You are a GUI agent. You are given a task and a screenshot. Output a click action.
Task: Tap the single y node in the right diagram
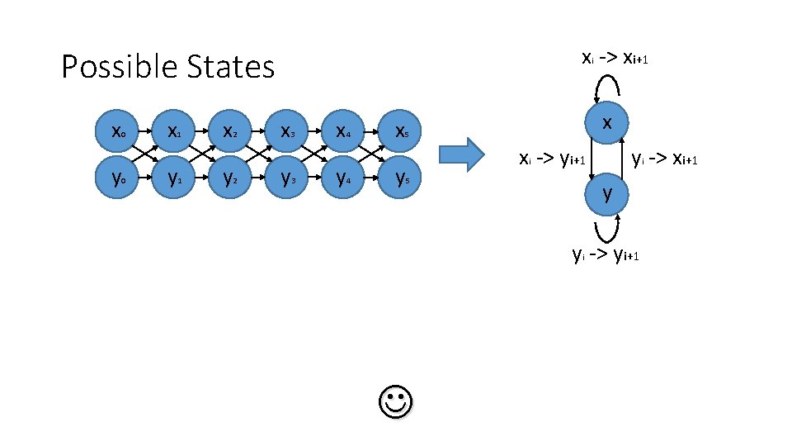point(606,194)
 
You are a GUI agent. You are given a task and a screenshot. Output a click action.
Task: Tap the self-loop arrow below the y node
point(606,229)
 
